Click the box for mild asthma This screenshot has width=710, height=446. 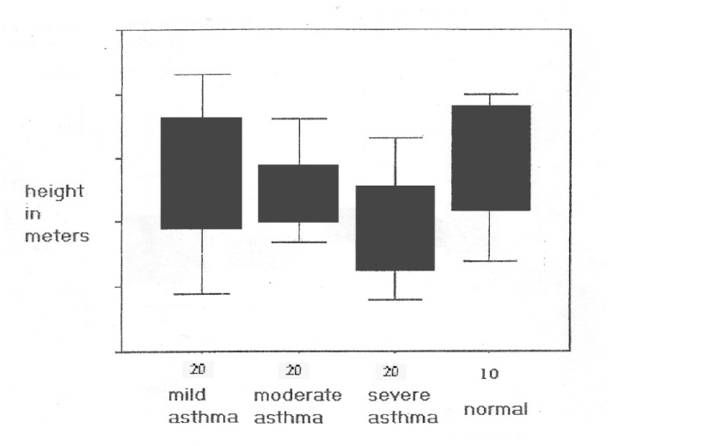coord(202,173)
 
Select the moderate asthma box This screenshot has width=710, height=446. coord(298,193)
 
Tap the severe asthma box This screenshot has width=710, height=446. coord(395,228)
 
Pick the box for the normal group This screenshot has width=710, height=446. coord(491,157)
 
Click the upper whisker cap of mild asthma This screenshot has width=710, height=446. coord(203,75)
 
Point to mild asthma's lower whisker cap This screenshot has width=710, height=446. coord(203,294)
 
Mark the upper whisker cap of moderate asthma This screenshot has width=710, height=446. coord(299,119)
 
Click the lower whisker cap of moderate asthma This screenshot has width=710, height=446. coord(299,242)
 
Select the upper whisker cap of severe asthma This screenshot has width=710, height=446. coord(395,137)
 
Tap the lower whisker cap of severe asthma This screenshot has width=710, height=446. coord(395,299)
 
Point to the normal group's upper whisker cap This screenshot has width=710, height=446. coord(491,94)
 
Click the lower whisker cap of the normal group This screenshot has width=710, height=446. coord(491,260)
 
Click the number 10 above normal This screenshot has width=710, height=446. coord(490,374)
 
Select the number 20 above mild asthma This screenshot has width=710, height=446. coord(198,370)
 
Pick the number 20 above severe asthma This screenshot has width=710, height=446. coord(391,371)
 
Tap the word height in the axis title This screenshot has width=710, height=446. coord(54,191)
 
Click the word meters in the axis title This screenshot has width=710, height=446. coord(56,235)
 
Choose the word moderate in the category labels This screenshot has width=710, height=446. coord(297,395)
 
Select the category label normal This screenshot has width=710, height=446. coord(496,409)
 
